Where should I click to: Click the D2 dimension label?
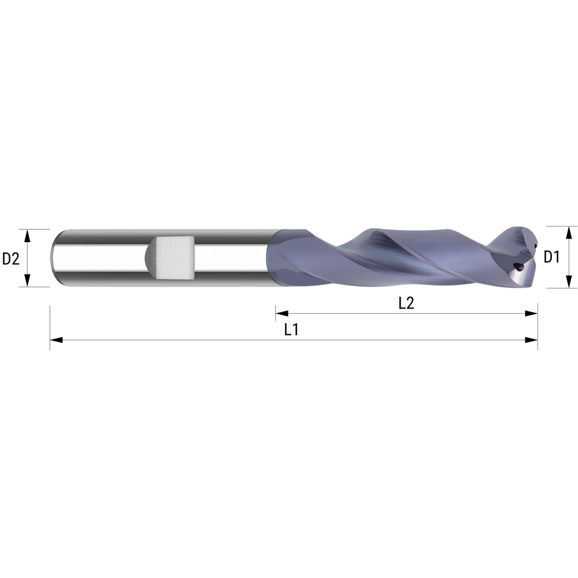click(x=11, y=258)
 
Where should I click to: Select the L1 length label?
click(x=291, y=330)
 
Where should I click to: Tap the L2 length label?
click(x=406, y=303)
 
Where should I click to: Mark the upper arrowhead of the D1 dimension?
click(x=569, y=231)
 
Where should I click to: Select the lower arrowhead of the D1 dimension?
click(x=569, y=283)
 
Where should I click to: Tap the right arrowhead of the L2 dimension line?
click(x=531, y=313)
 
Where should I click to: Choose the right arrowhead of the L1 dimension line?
click(x=531, y=340)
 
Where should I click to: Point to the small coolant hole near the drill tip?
click(x=517, y=267)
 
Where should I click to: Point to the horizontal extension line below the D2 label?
click(x=35, y=287)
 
